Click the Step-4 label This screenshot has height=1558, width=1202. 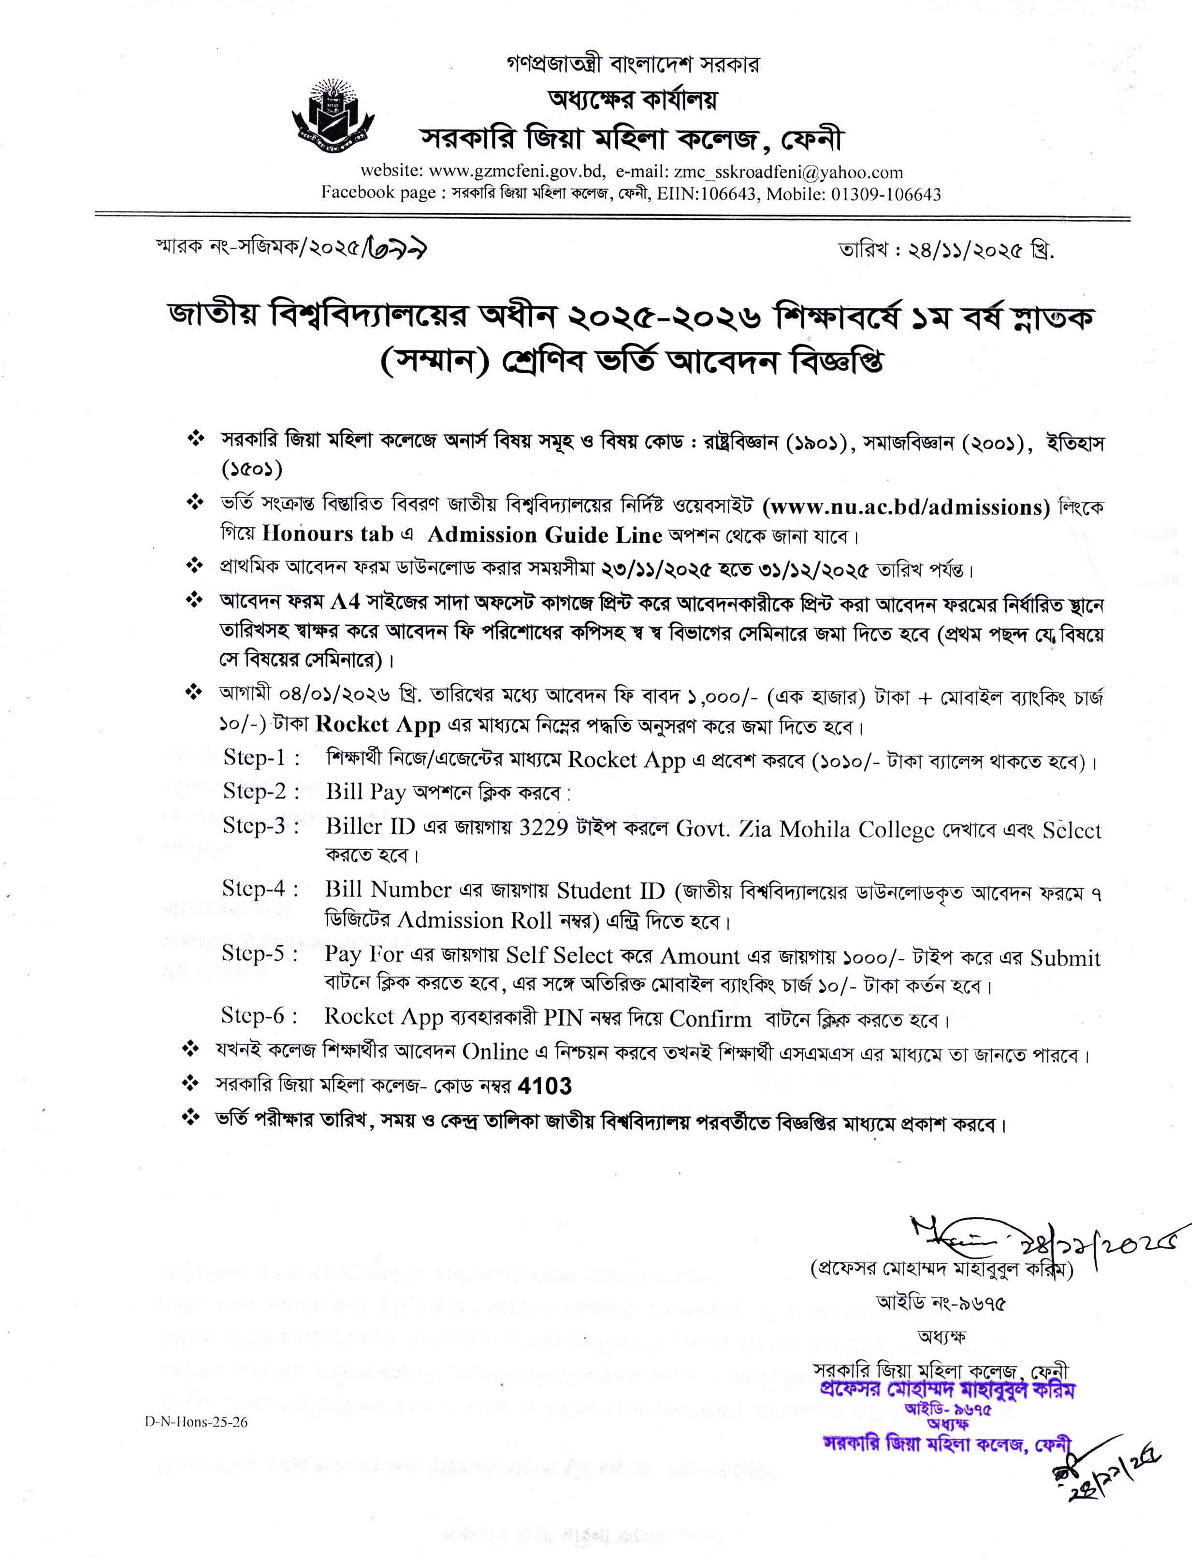260,889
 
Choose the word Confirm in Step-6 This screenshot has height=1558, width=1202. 710,1019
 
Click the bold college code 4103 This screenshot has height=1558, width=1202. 545,1086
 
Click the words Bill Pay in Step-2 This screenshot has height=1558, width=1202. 365,791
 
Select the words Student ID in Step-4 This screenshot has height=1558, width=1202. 610,890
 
